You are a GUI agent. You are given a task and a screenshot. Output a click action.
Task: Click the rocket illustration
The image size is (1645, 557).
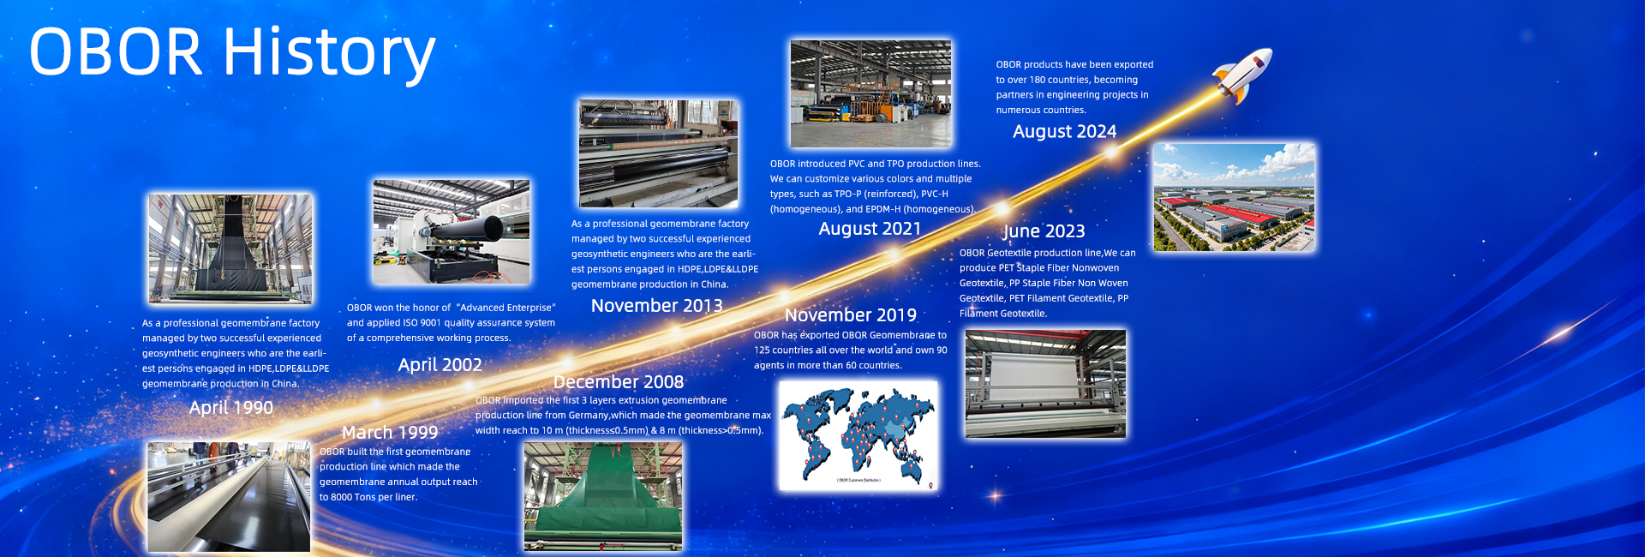1242,75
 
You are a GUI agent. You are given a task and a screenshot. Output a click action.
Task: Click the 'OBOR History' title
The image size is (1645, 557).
232,53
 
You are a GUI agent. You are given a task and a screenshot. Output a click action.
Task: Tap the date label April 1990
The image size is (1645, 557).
231,408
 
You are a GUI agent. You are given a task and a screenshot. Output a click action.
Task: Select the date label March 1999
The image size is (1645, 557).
390,433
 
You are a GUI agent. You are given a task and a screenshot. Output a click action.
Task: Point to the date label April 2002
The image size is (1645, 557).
440,365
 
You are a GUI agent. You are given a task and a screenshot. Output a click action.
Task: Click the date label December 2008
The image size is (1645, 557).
619,382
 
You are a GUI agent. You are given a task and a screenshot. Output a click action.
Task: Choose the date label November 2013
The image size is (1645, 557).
657,306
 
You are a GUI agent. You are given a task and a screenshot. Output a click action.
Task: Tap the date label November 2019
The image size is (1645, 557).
851,315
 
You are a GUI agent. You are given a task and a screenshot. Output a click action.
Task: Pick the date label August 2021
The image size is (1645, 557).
870,229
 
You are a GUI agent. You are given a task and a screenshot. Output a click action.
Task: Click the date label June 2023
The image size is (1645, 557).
1044,231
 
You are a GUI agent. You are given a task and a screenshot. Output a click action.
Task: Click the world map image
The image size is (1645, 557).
858,435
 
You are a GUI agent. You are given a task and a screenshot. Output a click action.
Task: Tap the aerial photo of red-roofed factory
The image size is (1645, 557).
1234,197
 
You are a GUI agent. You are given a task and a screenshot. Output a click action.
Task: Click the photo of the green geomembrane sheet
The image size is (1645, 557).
603,496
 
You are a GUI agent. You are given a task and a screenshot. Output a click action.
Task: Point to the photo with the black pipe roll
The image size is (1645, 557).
452,232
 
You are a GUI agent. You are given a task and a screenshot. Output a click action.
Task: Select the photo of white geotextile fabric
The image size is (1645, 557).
1045,384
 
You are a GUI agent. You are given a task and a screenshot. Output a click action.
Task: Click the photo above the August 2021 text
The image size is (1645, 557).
870,93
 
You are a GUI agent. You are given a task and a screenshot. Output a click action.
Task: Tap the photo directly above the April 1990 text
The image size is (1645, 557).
230,249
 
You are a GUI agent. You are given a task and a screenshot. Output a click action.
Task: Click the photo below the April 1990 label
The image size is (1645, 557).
229,497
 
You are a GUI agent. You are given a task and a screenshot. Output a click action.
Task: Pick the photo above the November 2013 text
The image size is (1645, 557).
658,153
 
